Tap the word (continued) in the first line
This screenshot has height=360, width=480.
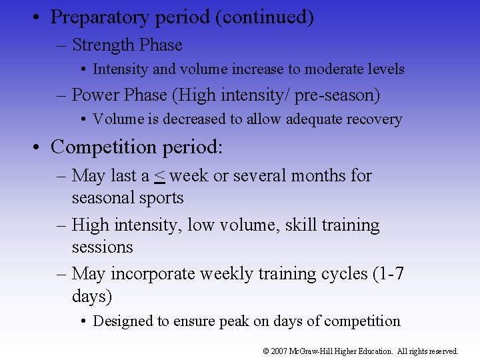265,17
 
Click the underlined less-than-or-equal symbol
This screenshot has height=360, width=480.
160,176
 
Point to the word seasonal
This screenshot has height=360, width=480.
104,198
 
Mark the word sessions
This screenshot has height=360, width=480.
103,247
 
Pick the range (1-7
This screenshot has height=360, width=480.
384,275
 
